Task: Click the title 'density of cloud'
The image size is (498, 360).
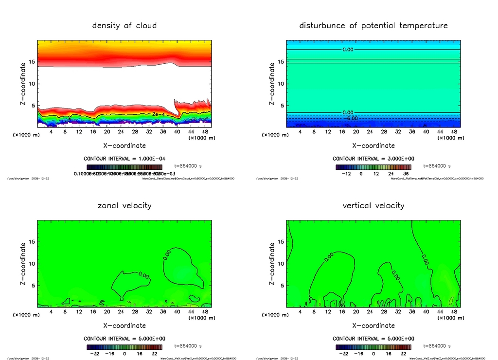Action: (x=124, y=25)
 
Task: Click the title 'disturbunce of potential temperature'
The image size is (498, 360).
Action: (x=373, y=25)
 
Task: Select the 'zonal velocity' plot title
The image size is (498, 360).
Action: (x=124, y=205)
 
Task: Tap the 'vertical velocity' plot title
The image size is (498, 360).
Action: (x=373, y=205)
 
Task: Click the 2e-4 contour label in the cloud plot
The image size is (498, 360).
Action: (x=157, y=113)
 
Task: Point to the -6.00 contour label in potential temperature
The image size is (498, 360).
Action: (x=352, y=118)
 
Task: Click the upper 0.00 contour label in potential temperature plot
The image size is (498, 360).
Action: (x=348, y=50)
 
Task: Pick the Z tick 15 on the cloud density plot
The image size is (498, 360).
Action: (x=32, y=62)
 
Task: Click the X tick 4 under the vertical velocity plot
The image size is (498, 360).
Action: (x=300, y=312)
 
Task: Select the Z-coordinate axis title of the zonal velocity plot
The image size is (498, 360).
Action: (x=23, y=264)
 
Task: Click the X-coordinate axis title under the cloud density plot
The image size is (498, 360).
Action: (x=124, y=145)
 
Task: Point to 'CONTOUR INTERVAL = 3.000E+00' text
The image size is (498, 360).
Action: (x=373, y=159)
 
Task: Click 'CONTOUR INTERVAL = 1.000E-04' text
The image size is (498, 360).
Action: (x=124, y=159)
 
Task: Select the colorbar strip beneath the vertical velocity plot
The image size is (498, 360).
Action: (x=373, y=347)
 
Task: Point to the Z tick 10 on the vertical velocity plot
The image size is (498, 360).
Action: (x=281, y=264)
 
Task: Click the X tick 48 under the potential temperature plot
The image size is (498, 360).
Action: (x=454, y=132)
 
